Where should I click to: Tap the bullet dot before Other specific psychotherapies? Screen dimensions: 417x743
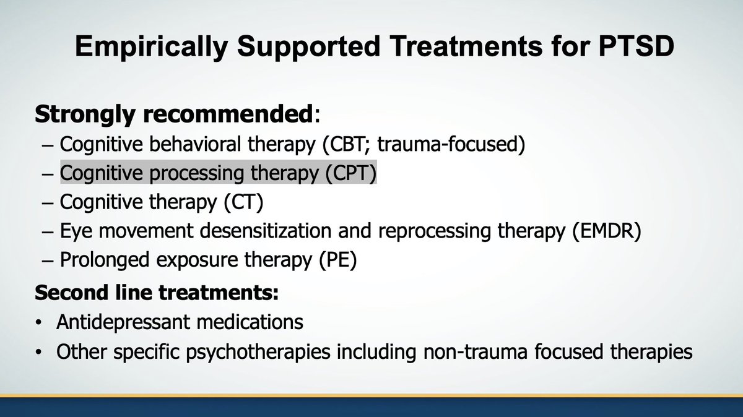(x=40, y=352)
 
